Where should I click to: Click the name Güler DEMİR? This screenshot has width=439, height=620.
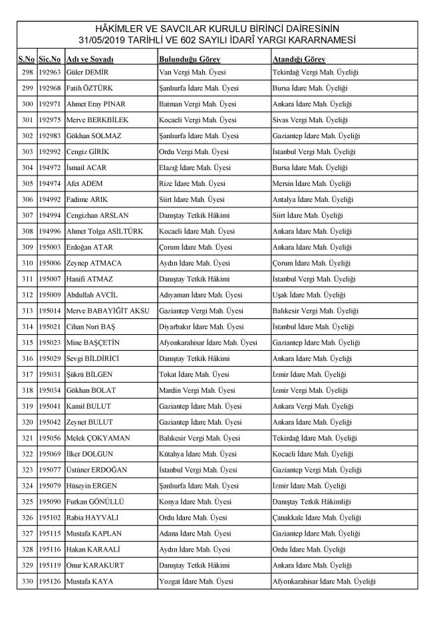tap(87, 72)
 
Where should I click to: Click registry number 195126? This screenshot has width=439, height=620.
tap(49, 581)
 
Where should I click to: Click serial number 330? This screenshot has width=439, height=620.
tap(27, 581)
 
